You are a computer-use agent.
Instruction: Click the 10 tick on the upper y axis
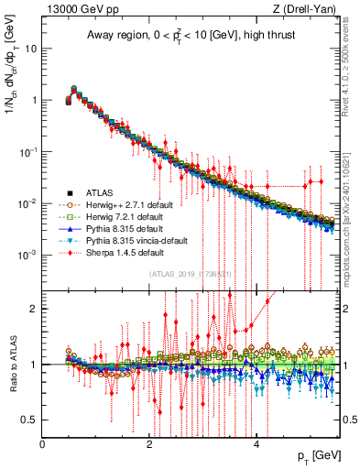[30, 49]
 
